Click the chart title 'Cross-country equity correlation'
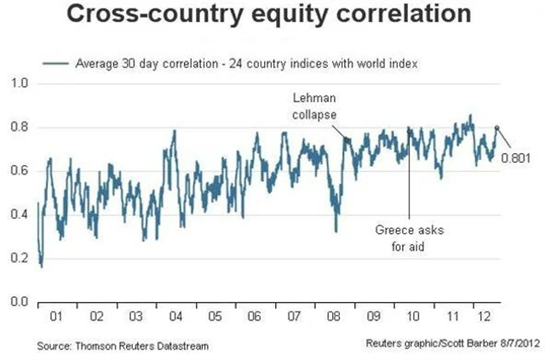click(x=272, y=16)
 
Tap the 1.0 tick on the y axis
click(x=20, y=83)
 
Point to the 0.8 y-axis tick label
click(x=20, y=127)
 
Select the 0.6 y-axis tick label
click(x=20, y=170)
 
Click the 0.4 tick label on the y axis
click(x=20, y=214)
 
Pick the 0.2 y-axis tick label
click(x=20, y=258)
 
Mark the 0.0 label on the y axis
click(x=20, y=301)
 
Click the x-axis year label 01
click(x=56, y=317)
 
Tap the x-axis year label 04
click(x=175, y=317)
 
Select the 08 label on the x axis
click(x=334, y=317)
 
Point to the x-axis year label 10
click(x=413, y=317)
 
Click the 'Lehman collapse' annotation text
click(x=315, y=106)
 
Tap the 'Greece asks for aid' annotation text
click(x=404, y=238)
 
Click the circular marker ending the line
click(x=498, y=128)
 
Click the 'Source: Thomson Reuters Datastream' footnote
click(x=123, y=346)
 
